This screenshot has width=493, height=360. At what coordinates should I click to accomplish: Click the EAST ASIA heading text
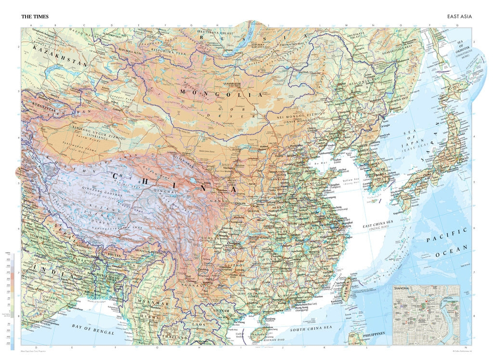pos(459,16)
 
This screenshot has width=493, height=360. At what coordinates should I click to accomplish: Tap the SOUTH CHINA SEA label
pos(311,328)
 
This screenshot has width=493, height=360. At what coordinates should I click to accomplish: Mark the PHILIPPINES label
pos(374,333)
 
